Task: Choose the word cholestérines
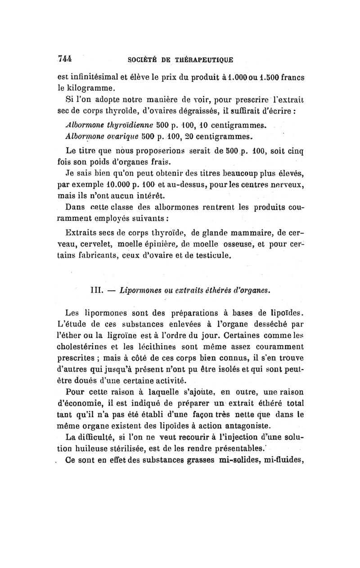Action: (90, 347)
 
